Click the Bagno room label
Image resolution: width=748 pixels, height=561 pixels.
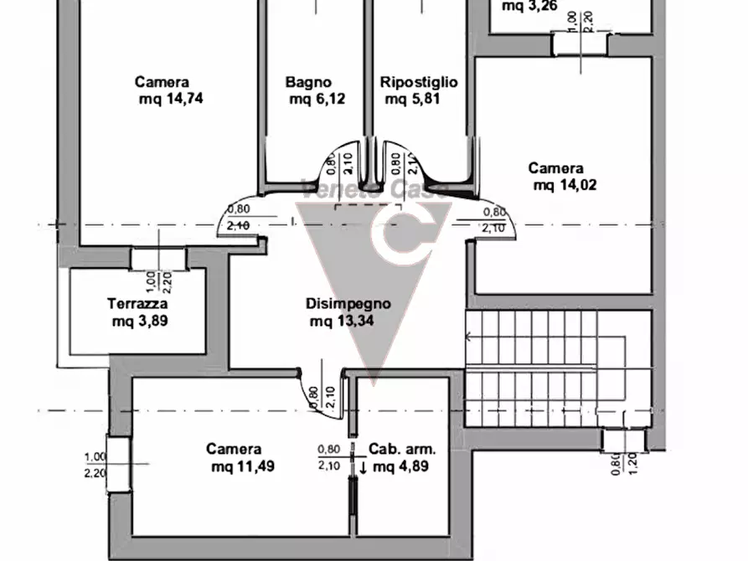(x=308, y=82)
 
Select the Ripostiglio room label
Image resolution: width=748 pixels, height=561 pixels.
(x=419, y=82)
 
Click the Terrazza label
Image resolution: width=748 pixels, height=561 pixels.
(x=138, y=303)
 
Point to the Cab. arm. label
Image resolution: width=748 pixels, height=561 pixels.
(x=404, y=450)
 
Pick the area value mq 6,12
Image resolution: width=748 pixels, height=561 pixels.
(x=317, y=99)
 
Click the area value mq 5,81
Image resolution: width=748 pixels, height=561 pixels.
(x=412, y=99)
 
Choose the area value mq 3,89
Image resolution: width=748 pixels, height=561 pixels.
(x=140, y=320)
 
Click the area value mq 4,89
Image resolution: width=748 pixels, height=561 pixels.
(x=401, y=466)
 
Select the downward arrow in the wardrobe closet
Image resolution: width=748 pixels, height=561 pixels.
(x=363, y=467)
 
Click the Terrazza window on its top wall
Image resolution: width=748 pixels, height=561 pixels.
(x=158, y=258)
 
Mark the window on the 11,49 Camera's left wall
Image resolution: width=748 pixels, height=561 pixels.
(x=118, y=463)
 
